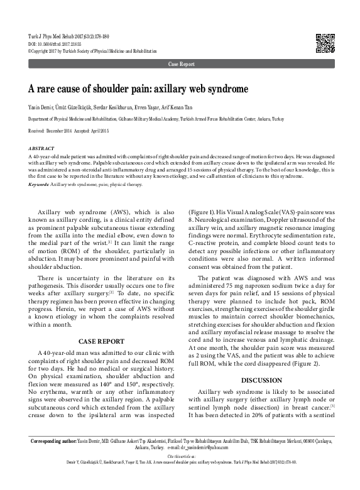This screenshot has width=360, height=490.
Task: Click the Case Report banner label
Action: (180, 65)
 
